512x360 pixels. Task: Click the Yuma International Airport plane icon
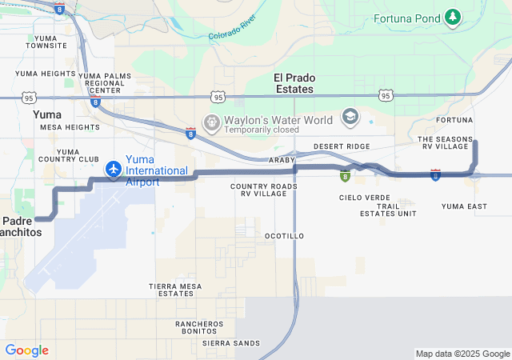(114, 170)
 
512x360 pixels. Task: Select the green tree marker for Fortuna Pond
(453, 16)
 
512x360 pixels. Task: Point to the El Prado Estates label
(294, 83)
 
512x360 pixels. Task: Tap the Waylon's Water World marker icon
(212, 123)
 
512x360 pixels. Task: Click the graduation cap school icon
(350, 118)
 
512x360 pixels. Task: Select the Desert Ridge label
(342, 146)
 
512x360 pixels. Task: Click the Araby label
(282, 160)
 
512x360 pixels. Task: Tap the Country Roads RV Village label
(263, 190)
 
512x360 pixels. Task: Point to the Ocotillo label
(284, 236)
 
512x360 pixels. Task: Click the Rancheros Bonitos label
(199, 327)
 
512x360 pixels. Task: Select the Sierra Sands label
(231, 343)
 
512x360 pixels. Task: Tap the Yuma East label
(464, 206)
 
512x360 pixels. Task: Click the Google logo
(26, 350)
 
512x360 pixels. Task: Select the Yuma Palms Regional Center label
(105, 82)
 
